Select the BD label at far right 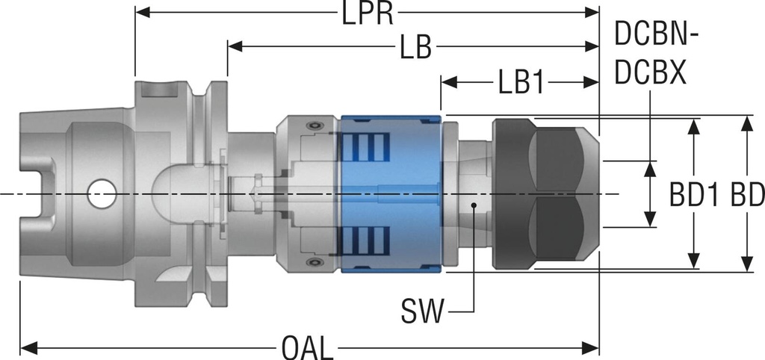pyautogui.click(x=747, y=196)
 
